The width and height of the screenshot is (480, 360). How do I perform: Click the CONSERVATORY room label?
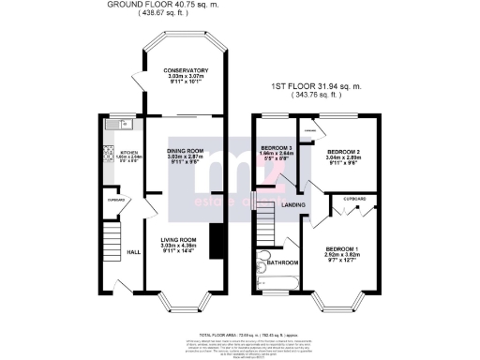pos(185,71)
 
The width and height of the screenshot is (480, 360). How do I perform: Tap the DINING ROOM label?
pos(185,151)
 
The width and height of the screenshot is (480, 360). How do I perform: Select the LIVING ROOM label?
pos(184,239)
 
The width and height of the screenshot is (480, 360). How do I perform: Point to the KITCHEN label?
pos(127,153)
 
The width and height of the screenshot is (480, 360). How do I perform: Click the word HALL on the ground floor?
pos(134,251)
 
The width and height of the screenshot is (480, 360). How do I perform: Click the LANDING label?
pos(296,205)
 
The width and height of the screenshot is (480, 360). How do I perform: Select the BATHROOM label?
pos(282,262)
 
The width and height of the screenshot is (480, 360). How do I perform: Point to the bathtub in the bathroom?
pos(277,281)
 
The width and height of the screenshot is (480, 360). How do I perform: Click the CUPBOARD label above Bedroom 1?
pos(353,199)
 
